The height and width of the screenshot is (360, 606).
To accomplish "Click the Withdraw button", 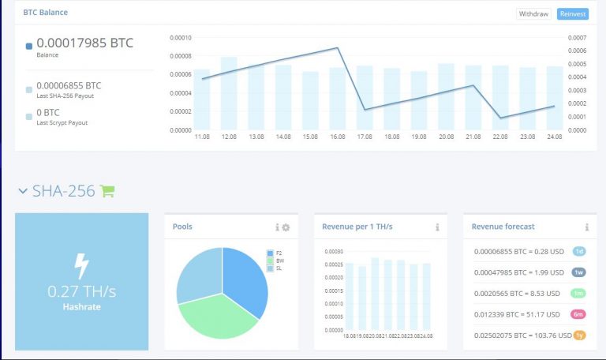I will tap(534, 14).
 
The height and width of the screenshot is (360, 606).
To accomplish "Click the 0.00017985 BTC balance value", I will tap(84, 43).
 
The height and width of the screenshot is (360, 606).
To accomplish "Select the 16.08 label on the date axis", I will tap(338, 137).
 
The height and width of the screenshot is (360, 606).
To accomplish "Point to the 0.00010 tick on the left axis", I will tap(181, 37).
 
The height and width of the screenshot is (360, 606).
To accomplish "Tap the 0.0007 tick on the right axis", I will tap(578, 37).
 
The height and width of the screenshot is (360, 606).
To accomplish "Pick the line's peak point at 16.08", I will tap(338, 48).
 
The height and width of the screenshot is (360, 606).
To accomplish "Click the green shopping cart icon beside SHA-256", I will tap(107, 190).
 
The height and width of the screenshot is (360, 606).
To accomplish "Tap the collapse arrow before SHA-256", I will tap(23, 191).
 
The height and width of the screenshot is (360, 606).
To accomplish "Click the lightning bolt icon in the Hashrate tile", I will tap(81, 265).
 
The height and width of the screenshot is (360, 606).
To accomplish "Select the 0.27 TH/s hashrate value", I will tap(81, 291).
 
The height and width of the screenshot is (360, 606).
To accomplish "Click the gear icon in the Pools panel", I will tap(286, 227).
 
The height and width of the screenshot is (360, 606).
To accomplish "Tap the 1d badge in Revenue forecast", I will tap(579, 251).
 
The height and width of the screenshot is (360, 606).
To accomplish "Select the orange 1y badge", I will tap(579, 336).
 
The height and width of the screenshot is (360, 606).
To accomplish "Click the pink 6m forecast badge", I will tap(579, 314).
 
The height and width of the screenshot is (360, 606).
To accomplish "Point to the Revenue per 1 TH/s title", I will tap(357, 227).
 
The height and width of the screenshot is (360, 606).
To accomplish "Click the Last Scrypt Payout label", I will tap(62, 122).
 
